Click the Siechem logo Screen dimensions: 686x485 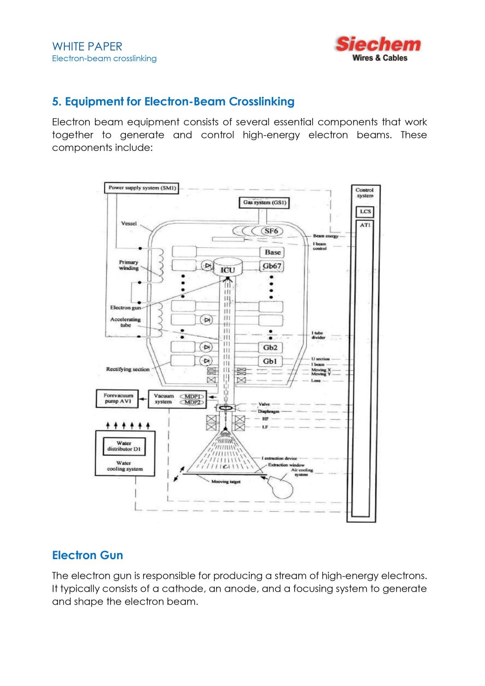point(378,48)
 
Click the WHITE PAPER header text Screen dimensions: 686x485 point(87,46)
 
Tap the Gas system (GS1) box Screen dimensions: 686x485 point(264,203)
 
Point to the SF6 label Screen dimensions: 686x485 point(271,231)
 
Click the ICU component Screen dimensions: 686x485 point(227,269)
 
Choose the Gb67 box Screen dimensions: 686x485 point(272,266)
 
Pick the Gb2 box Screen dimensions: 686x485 point(270,347)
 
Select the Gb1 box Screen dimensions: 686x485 point(270,361)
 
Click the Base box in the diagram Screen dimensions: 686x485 point(272,252)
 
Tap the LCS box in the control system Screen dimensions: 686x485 point(365,212)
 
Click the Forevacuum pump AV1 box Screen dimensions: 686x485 point(118,398)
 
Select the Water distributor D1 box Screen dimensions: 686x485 point(124,446)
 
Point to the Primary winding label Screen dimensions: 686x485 point(129,265)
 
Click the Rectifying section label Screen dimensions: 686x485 point(128,369)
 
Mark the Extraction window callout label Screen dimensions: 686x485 point(286,465)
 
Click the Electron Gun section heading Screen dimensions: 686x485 point(88,555)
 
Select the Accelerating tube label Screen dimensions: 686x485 point(125,322)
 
